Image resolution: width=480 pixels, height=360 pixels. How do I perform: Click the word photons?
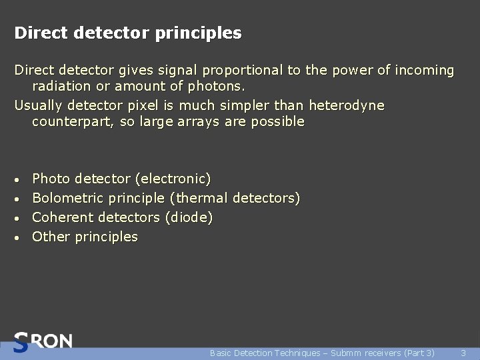pos(217,87)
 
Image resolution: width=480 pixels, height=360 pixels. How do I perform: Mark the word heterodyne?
pos(347,106)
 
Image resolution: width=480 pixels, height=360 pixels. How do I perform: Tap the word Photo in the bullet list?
pos(51,179)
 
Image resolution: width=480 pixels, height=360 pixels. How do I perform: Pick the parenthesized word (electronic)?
pos(173,179)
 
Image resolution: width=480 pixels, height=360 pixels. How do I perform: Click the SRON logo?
pos(43,341)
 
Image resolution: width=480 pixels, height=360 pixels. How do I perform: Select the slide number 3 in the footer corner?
pos(463,353)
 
